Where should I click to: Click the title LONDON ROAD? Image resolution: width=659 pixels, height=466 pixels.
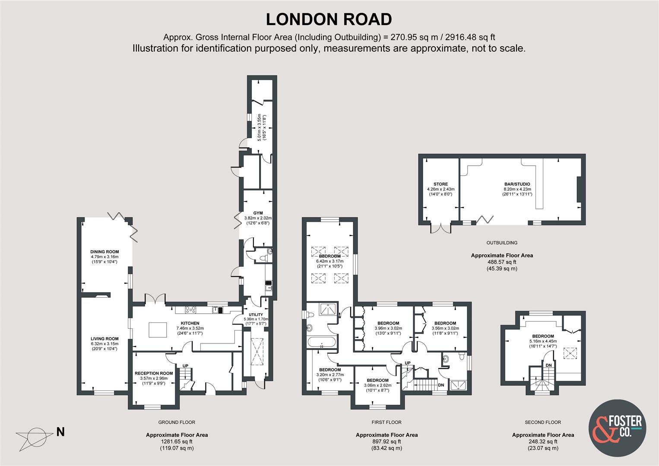click(329, 19)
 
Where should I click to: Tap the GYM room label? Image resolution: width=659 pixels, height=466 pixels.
click(258, 213)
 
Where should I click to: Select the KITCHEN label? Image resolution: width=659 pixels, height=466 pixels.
click(190, 323)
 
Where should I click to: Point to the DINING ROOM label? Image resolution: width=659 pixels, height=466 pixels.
click(105, 252)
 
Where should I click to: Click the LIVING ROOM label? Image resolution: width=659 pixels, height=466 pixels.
click(105, 339)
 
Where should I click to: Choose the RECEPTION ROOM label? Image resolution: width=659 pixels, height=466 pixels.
click(153, 373)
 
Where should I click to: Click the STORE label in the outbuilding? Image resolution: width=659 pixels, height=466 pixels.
click(440, 184)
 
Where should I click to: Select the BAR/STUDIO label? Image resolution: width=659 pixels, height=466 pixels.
click(517, 184)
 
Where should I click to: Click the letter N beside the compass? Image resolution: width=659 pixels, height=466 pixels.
click(60, 431)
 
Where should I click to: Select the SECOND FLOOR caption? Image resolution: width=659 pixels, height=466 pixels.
click(543, 422)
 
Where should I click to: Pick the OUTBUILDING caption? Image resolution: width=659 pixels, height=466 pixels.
click(502, 243)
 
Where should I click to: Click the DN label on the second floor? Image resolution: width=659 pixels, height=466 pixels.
click(548, 366)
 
